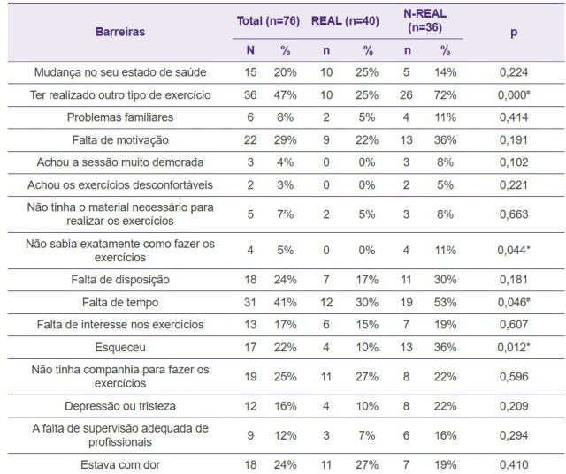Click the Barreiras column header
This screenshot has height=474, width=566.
(120, 32)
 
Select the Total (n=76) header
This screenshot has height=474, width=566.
(268, 21)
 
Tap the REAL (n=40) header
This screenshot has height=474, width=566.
(345, 21)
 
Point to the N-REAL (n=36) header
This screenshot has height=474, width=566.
(424, 20)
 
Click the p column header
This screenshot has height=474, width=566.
(514, 33)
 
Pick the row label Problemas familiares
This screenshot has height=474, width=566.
(120, 117)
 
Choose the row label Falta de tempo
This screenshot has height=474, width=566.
(120, 303)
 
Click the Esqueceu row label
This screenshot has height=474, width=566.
(120, 348)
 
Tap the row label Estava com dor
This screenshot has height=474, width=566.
(120, 464)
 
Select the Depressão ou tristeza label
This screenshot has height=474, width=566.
(120, 406)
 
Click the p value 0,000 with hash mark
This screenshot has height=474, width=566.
(514, 95)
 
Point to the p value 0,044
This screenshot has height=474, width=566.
(514, 251)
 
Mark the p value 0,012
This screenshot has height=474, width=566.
(514, 348)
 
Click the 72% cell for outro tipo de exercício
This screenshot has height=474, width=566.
(445, 95)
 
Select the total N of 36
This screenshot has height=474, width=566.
(250, 95)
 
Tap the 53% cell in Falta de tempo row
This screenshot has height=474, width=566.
(445, 303)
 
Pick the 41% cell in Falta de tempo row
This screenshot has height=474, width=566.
(285, 303)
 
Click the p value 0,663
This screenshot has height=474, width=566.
(514, 214)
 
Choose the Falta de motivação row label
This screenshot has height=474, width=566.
(120, 140)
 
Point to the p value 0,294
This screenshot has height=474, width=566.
(514, 435)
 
